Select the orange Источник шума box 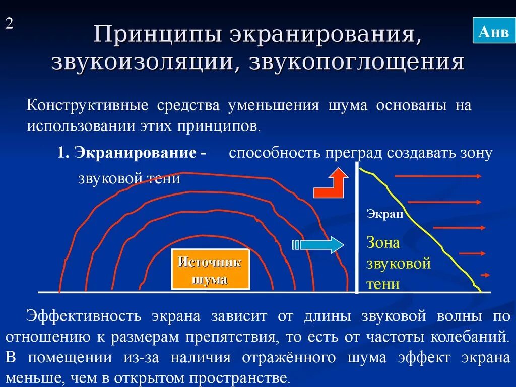210,270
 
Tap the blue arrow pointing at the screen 318,245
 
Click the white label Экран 384,214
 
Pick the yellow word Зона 383,243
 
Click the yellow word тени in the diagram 383,284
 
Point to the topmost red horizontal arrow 438,176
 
